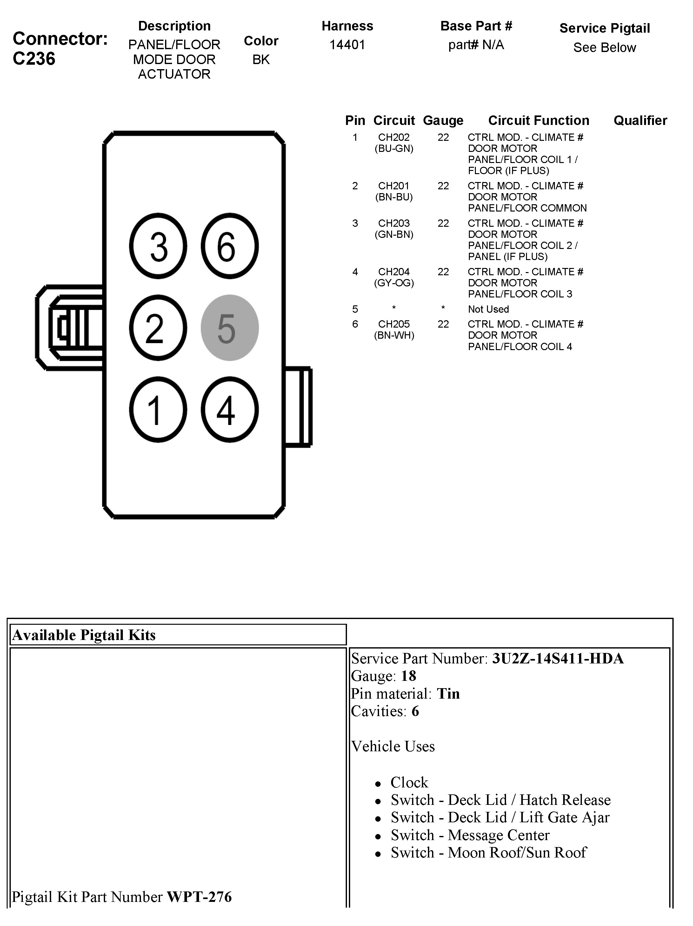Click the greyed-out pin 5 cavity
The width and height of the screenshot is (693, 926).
click(230, 328)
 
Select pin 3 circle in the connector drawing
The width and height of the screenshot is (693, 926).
click(158, 246)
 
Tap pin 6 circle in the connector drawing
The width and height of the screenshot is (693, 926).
click(230, 246)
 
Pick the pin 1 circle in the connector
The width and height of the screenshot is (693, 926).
click(158, 409)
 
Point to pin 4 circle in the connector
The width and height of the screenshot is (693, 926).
click(230, 409)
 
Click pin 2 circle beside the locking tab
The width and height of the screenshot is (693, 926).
click(158, 328)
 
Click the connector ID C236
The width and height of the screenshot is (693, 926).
click(34, 59)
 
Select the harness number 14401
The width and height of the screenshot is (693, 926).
click(347, 44)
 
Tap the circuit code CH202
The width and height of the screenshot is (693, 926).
click(394, 137)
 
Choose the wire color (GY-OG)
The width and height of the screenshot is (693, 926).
click(394, 283)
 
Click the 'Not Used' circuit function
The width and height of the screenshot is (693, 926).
click(488, 310)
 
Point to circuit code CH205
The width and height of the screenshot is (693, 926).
click(394, 324)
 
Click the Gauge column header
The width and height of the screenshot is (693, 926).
click(443, 121)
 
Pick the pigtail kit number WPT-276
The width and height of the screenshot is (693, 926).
click(199, 897)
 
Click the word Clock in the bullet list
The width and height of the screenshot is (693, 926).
click(409, 782)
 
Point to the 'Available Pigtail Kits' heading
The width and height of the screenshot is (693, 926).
click(84, 635)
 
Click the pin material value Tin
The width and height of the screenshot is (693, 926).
click(448, 694)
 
